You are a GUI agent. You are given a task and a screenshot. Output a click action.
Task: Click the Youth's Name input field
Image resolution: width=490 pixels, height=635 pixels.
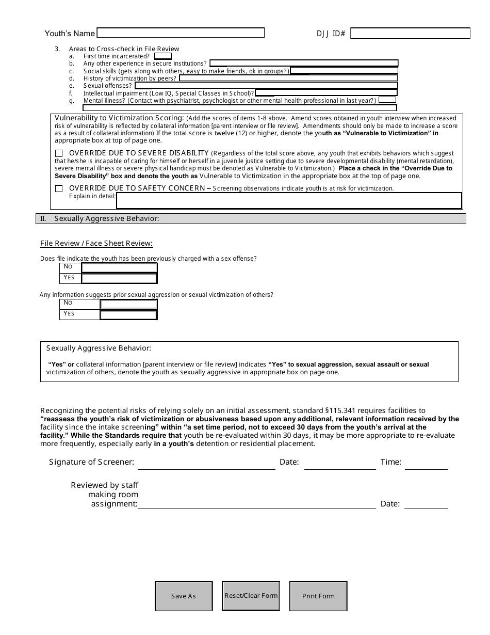pos(181,33)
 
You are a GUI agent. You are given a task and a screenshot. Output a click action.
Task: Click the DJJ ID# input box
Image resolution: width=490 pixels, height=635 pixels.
pos(410,34)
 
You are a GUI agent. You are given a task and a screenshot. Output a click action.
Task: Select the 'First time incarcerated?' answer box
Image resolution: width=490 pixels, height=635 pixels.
pos(163,56)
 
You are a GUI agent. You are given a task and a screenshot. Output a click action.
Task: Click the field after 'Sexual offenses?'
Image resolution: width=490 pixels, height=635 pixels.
pos(265,86)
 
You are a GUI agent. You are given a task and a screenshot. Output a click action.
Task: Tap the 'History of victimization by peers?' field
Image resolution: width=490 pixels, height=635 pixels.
pos(288,78)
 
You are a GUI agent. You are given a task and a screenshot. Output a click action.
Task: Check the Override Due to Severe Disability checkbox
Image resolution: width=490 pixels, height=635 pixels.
pos(59,153)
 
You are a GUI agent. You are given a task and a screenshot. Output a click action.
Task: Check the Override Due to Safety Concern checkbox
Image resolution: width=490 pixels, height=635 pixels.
pos(59,188)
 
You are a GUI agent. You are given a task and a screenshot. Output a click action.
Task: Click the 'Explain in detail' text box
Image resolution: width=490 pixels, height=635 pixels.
pos(289,200)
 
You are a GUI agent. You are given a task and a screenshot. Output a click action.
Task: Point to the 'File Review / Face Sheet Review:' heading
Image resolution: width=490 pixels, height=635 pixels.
pos(96,244)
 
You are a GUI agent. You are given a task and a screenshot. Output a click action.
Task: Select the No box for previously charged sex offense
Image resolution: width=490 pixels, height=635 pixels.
pos(119,267)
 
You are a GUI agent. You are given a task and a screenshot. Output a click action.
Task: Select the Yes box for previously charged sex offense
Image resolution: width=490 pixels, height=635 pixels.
pos(119,278)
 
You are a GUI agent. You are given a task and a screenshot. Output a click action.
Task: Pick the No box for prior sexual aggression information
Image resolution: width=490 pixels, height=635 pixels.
pos(128,304)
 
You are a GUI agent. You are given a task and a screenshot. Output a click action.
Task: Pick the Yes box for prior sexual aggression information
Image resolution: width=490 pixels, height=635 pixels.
pos(128,314)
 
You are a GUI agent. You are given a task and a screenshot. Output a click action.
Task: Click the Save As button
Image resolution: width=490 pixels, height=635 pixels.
pos(184,596)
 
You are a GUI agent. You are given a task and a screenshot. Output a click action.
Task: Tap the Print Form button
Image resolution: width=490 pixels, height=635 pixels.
pos(318,596)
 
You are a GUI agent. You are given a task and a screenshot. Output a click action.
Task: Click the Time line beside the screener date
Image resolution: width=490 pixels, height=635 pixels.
pos(426,464)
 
